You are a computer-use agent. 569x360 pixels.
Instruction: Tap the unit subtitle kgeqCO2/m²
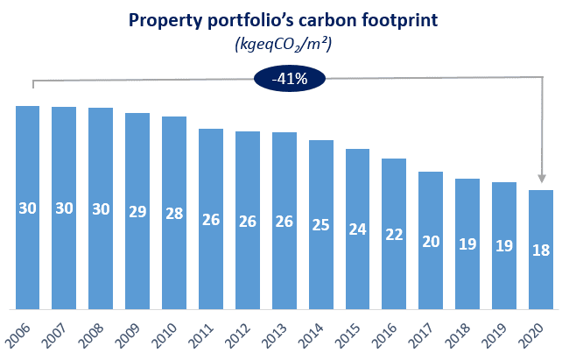click(285, 45)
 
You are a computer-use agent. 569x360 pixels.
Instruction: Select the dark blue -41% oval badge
click(289, 78)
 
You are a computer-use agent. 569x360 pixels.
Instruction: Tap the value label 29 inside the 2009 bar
click(137, 212)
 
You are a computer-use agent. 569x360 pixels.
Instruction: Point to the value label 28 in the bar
click(174, 214)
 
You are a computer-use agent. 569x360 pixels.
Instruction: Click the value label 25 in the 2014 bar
click(321, 225)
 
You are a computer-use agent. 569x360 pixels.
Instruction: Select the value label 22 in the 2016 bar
click(395, 234)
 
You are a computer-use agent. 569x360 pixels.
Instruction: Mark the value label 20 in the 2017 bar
click(432, 242)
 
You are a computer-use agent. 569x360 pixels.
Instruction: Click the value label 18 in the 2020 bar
click(541, 251)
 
